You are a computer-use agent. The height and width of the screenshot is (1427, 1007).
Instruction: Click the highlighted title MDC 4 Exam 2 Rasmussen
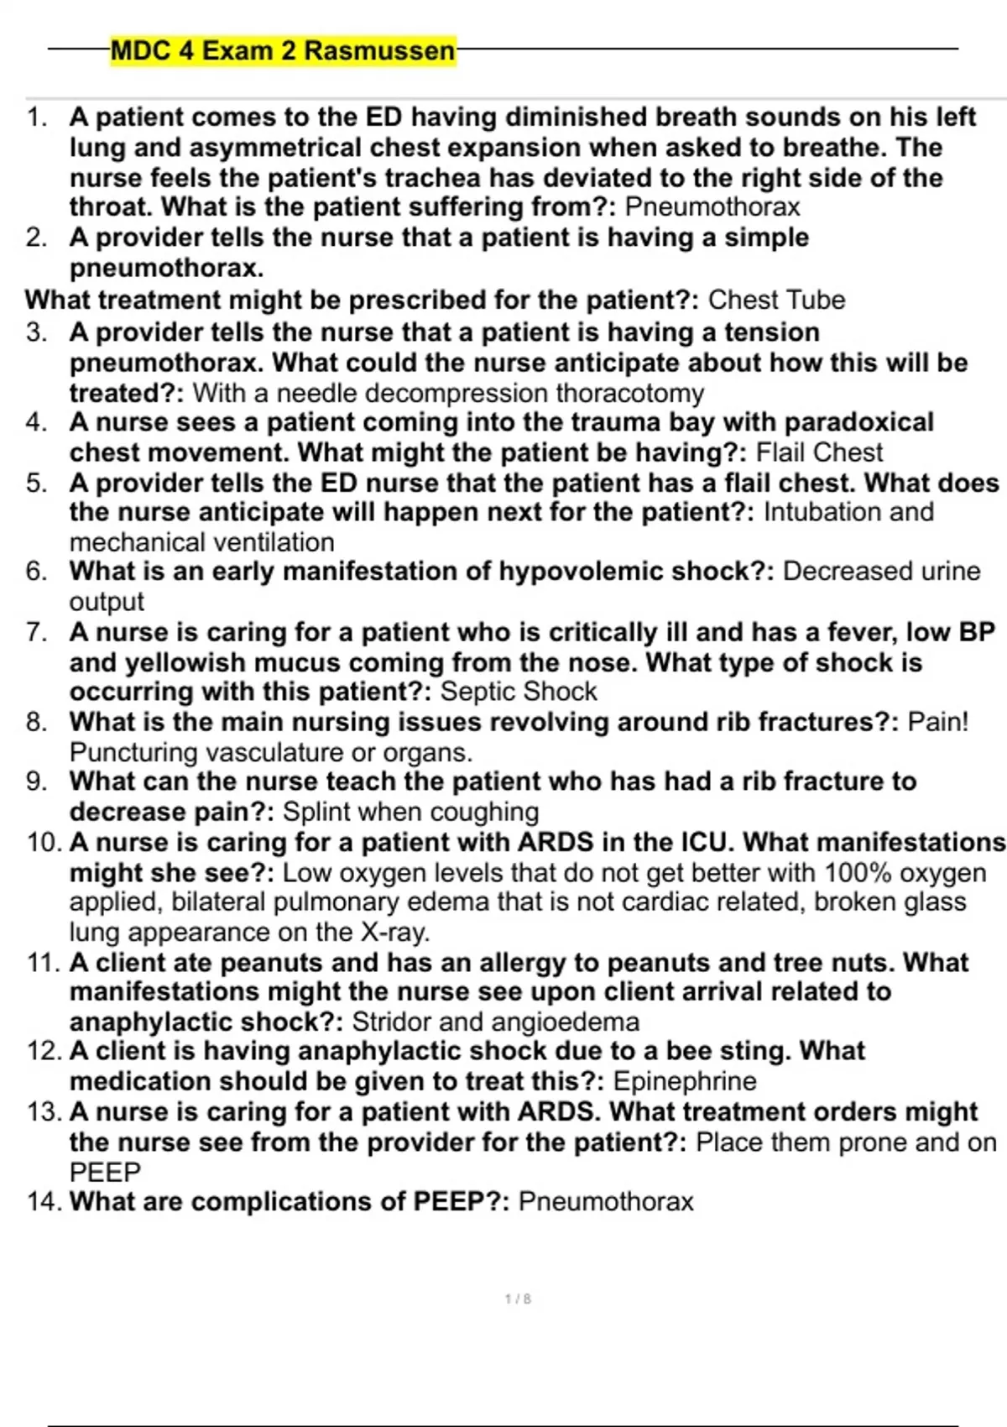[283, 50]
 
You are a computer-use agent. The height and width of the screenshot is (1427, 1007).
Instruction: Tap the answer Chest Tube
[776, 300]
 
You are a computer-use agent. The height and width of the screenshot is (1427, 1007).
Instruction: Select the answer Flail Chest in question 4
[819, 452]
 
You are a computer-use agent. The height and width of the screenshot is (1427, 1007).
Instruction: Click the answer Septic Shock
[519, 692]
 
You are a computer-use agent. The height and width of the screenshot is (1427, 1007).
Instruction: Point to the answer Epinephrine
[685, 1081]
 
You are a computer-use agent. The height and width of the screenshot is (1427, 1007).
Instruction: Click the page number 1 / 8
[518, 1299]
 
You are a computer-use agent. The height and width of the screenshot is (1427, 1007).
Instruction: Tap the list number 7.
[36, 632]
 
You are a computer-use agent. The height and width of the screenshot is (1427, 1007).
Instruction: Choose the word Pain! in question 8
[938, 722]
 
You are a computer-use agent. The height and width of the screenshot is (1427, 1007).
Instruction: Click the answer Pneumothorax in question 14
[606, 1202]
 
